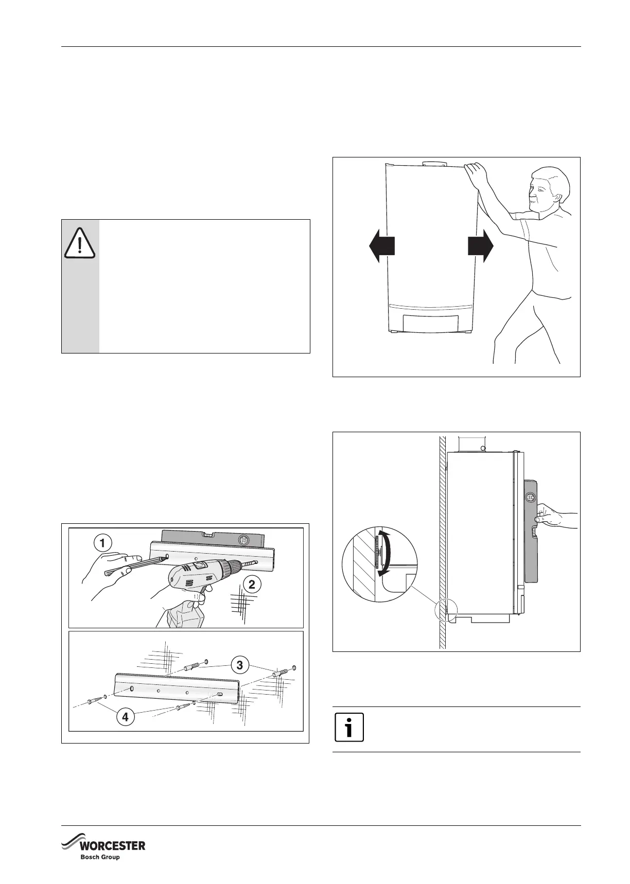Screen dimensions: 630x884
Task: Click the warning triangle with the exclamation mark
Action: [x=80, y=242]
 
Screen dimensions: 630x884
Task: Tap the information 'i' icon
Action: [x=349, y=727]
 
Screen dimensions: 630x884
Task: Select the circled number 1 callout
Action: [x=103, y=543]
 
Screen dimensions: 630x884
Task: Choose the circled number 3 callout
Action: [x=239, y=665]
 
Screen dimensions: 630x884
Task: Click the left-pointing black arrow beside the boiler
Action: [x=382, y=246]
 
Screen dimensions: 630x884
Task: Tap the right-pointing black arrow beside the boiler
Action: [x=481, y=246]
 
